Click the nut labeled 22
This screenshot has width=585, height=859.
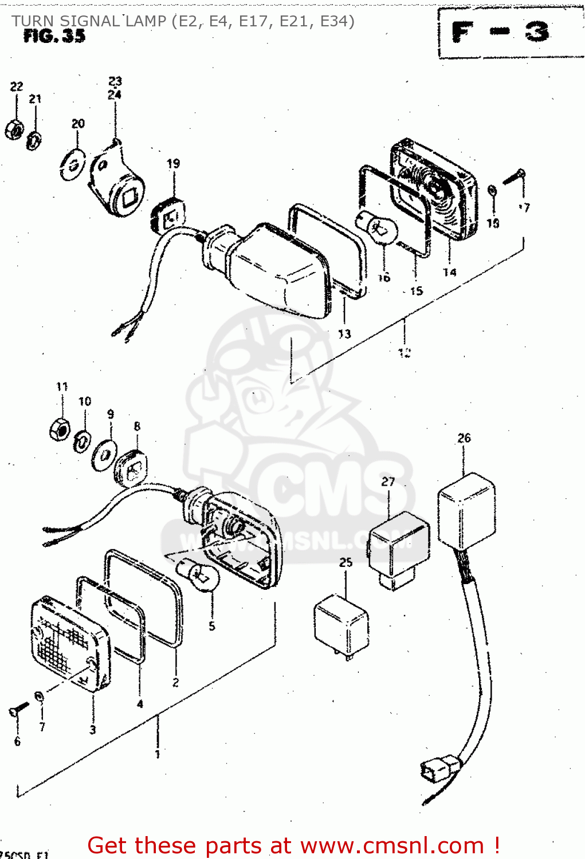(14, 129)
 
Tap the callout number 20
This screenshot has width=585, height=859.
(78, 124)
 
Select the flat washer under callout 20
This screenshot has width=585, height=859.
(72, 164)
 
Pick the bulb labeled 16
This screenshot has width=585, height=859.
(378, 227)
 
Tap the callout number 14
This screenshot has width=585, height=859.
(450, 273)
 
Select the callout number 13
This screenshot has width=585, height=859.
(344, 334)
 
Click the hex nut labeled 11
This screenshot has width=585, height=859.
(60, 428)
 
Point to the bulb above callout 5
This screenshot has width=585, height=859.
(203, 576)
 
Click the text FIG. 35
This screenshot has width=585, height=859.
(54, 37)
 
